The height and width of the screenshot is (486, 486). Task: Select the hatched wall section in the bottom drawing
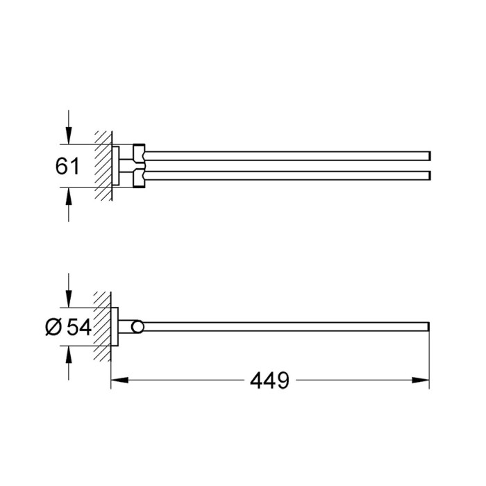point(105,326)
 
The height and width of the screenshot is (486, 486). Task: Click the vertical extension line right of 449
point(431,361)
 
